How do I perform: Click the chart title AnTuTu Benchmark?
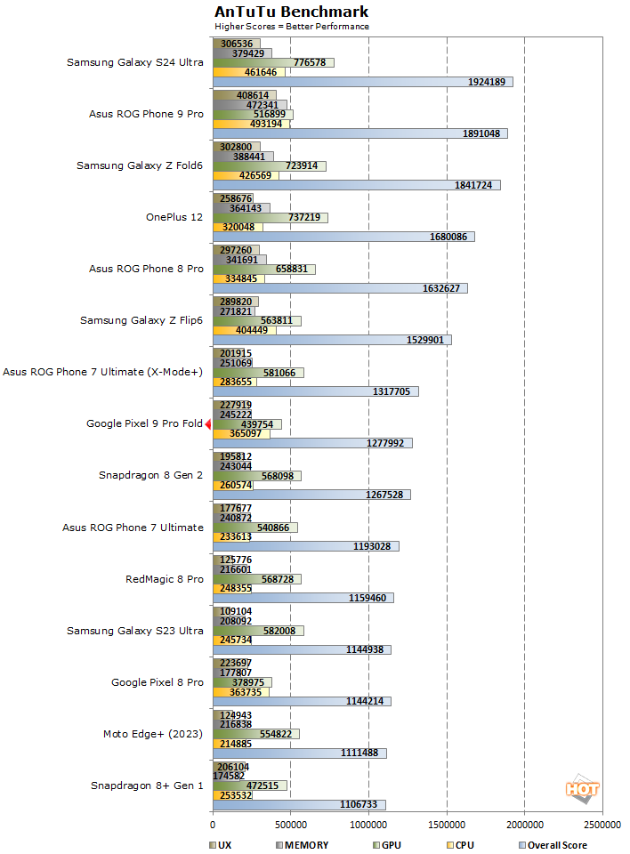click(291, 12)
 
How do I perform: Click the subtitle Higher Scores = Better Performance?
click(291, 27)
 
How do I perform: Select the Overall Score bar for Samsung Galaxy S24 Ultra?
click(362, 82)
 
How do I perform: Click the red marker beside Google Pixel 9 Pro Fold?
click(207, 424)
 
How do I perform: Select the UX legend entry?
click(222, 845)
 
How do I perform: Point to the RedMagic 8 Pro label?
click(165, 579)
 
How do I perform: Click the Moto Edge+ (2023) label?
click(153, 734)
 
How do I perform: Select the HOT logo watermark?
click(582, 789)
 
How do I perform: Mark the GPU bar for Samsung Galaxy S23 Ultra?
click(258, 631)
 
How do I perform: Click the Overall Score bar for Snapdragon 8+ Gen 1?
click(298, 804)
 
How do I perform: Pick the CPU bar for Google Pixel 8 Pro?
click(240, 691)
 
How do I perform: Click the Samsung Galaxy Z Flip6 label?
click(141, 320)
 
